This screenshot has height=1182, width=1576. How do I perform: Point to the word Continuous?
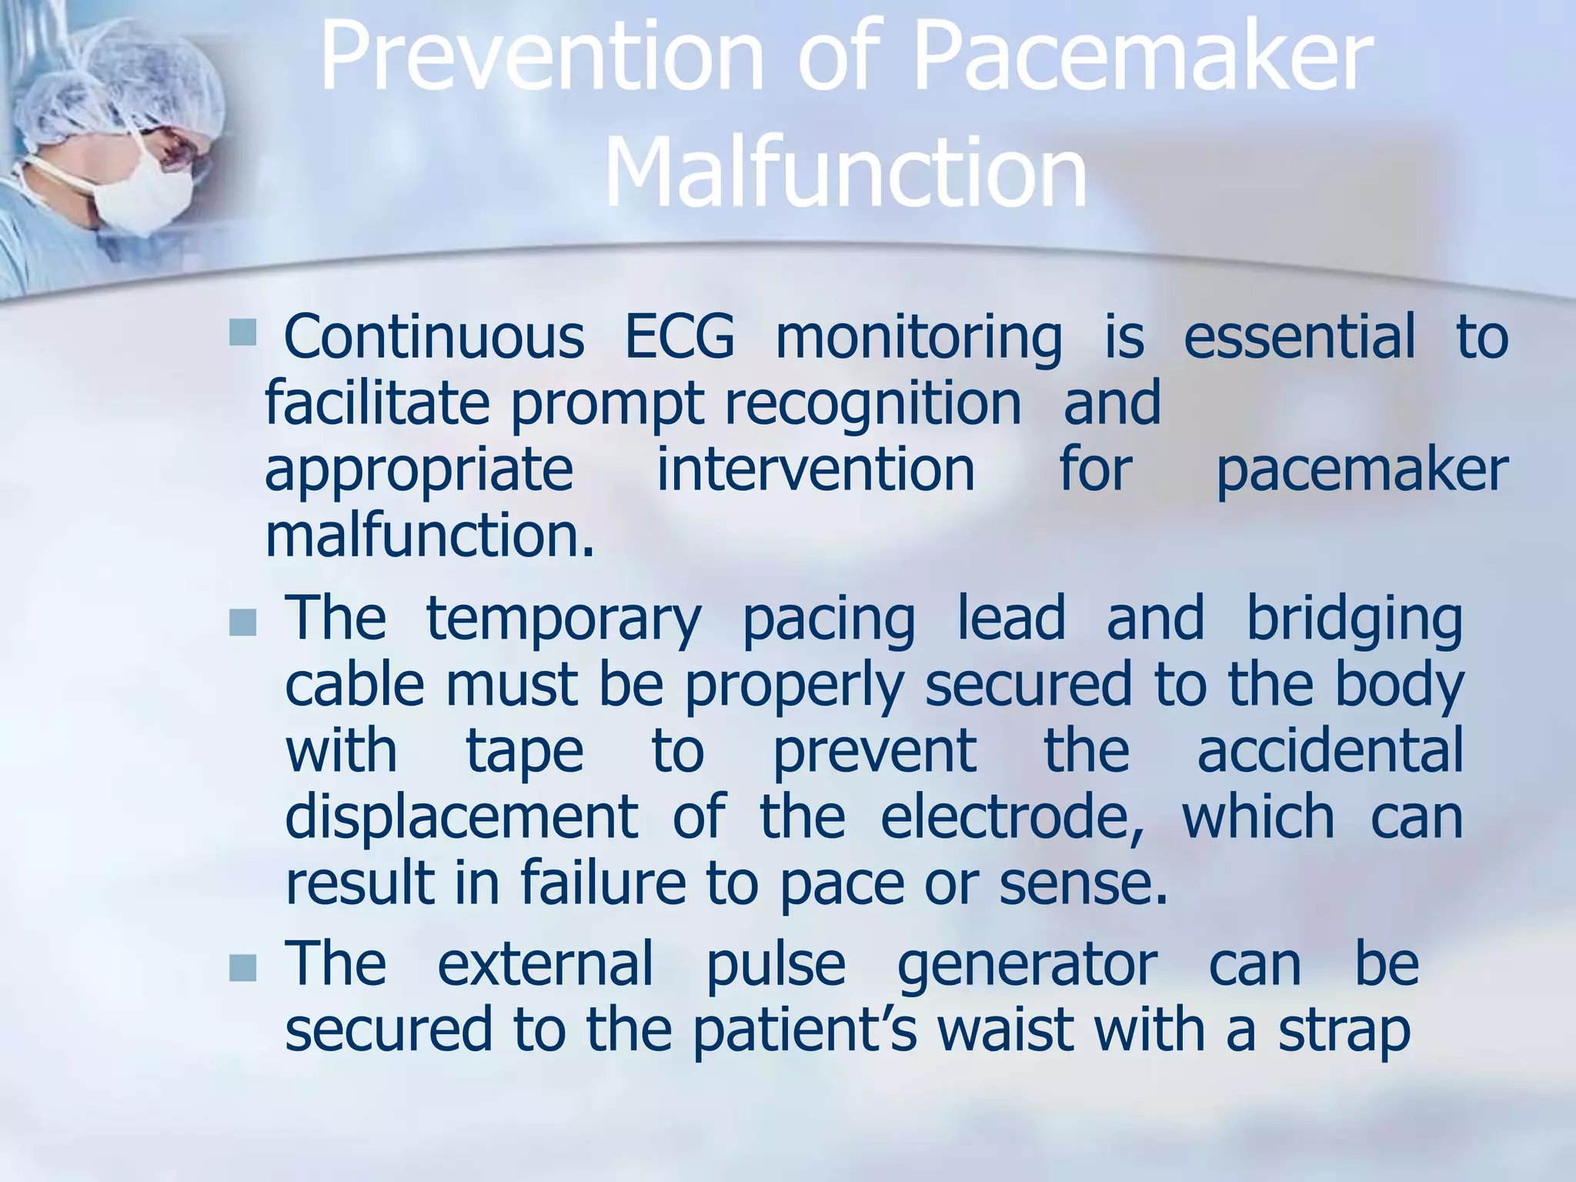click(434, 337)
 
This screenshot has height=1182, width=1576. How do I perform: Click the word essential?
click(1299, 337)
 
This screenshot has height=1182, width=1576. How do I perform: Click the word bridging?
click(1354, 619)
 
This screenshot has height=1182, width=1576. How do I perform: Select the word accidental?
click(1330, 750)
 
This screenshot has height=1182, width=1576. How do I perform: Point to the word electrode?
click(1011, 816)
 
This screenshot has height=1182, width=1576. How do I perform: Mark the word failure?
click(603, 883)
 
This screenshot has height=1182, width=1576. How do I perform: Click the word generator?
click(1027, 963)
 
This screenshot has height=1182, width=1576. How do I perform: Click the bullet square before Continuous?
click(242, 333)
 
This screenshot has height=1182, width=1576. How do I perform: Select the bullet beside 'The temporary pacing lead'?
click(242, 623)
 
